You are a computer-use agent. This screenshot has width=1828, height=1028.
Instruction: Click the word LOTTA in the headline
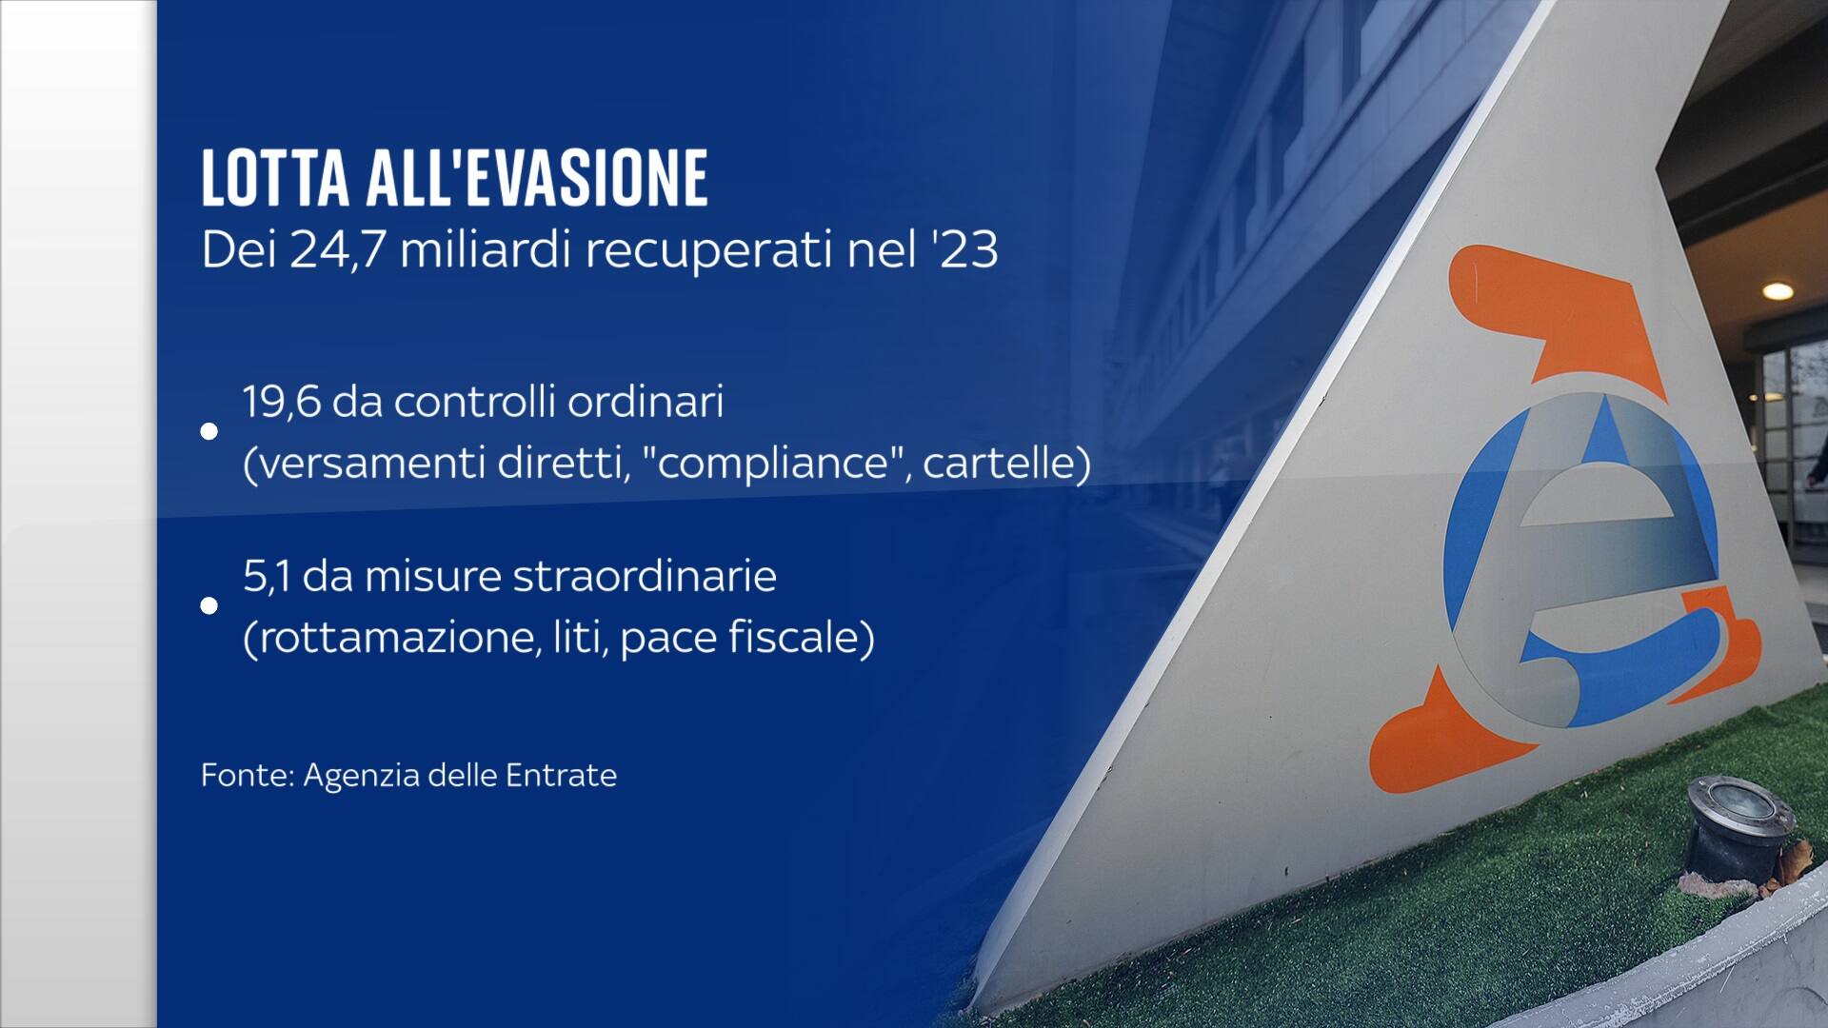click(x=276, y=178)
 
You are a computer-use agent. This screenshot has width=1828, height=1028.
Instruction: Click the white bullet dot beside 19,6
click(x=209, y=432)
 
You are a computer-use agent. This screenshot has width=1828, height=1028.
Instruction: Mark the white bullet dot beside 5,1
click(x=209, y=606)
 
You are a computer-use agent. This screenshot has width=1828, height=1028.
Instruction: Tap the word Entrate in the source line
click(x=561, y=775)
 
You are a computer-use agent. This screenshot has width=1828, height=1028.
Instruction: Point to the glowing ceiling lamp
click(x=1777, y=291)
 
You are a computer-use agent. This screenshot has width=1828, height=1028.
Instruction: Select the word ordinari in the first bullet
click(x=646, y=403)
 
